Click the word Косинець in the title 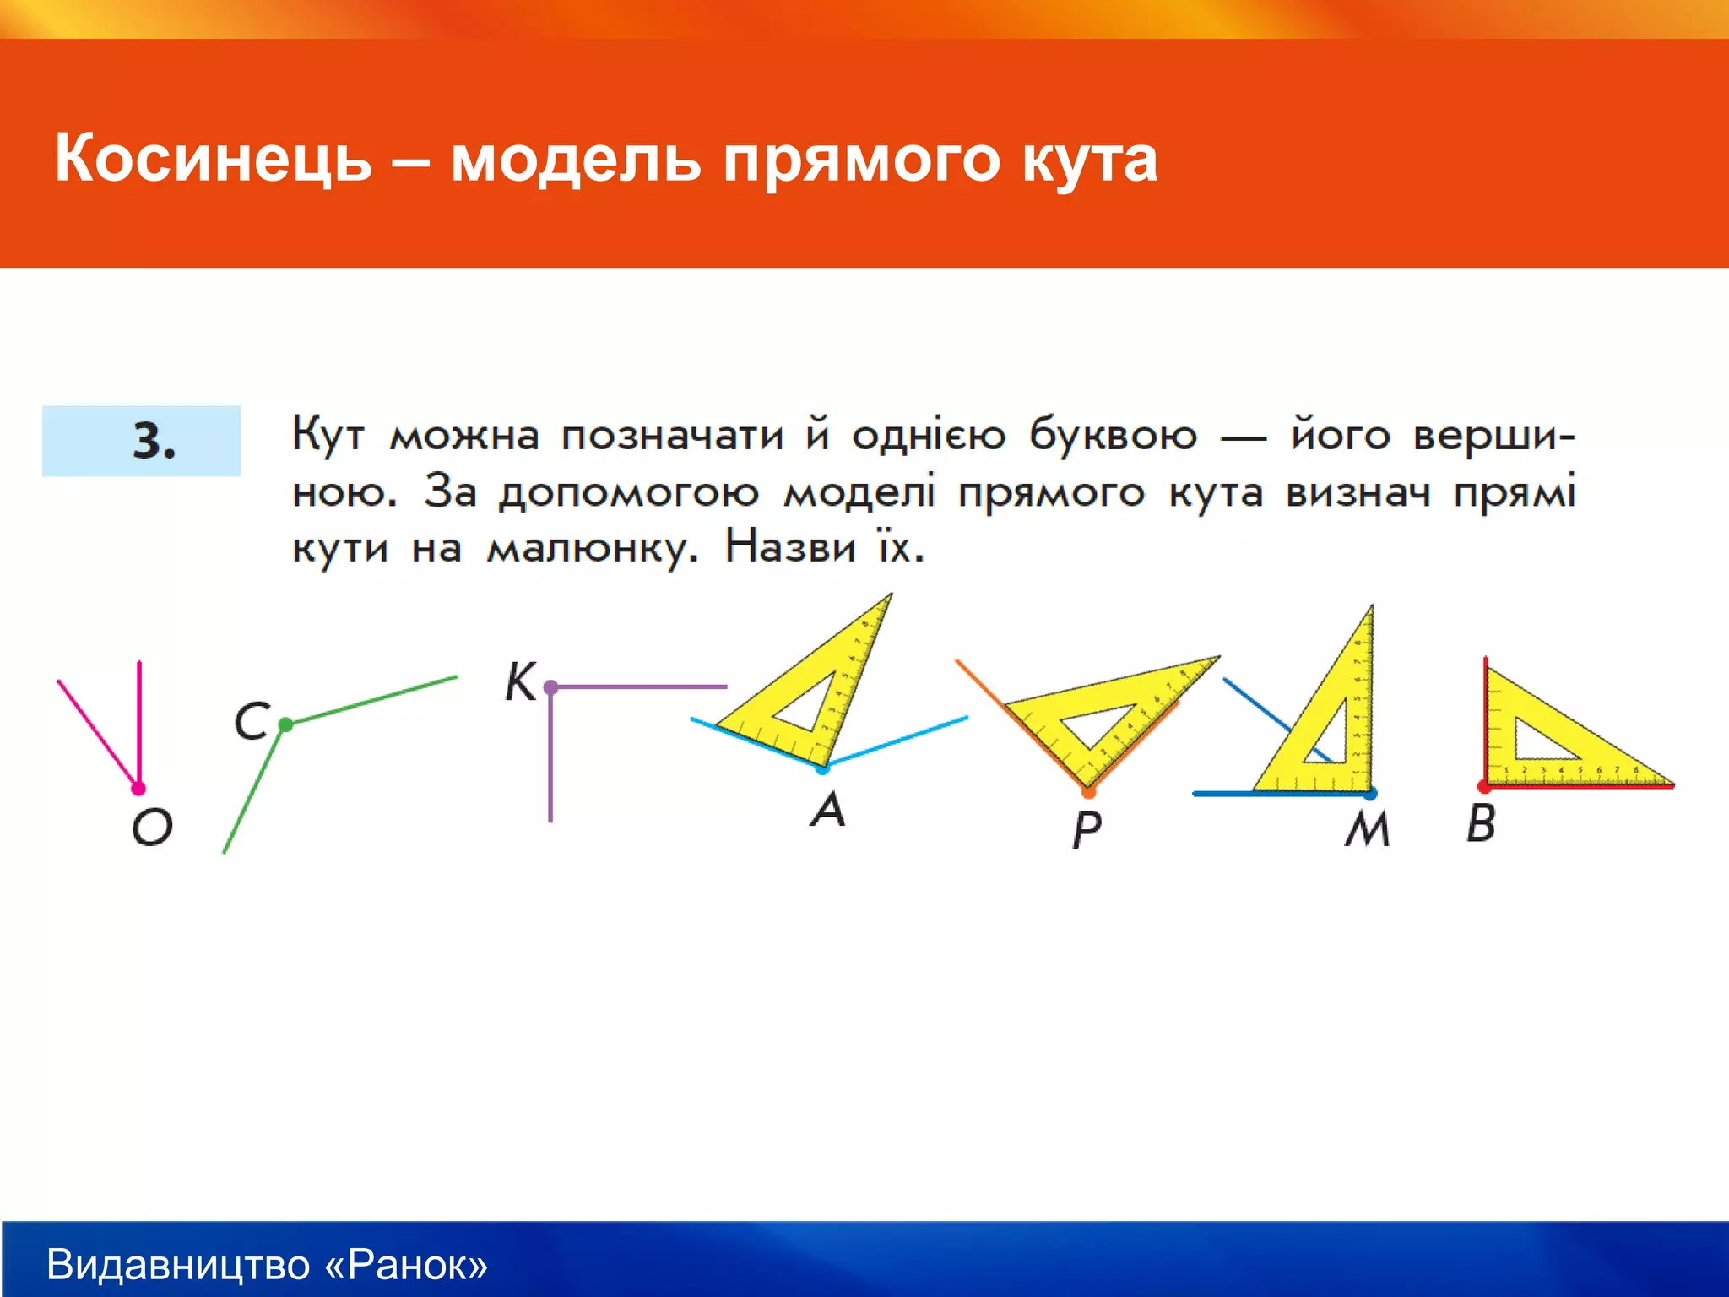point(213,159)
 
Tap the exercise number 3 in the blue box point(153,441)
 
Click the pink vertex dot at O point(138,789)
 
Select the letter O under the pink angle point(152,827)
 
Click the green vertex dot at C point(285,724)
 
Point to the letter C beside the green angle point(252,721)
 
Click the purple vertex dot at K point(550,687)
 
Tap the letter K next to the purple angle point(520,682)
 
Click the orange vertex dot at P point(1088,792)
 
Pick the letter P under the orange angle point(1087,829)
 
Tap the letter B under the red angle point(1481,823)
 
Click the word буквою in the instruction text point(1113,436)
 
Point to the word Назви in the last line point(790,547)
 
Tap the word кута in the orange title point(1089,159)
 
